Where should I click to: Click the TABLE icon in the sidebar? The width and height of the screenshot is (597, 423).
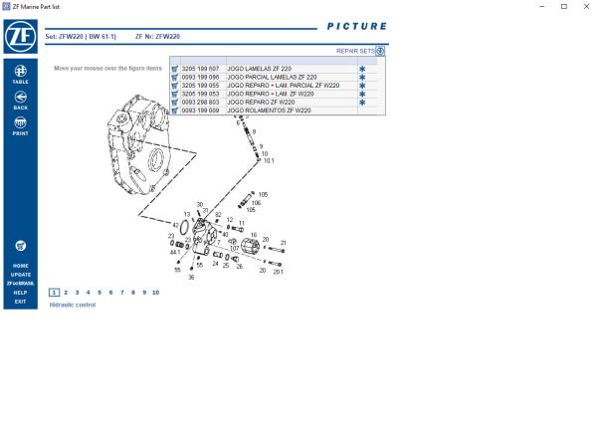pos(20,71)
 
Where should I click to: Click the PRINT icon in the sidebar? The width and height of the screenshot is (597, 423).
pos(20,123)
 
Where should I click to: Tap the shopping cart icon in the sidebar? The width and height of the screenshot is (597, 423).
pos(20,245)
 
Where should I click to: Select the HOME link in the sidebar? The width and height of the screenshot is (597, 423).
pos(20,266)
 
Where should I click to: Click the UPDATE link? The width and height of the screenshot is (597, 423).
pos(20,275)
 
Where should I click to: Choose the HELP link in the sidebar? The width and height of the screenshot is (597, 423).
pos(20,293)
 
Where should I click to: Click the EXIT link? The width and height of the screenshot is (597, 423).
pos(20,302)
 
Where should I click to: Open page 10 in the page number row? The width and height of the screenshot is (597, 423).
pos(155,293)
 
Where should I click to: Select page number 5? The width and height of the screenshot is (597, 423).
pos(99,293)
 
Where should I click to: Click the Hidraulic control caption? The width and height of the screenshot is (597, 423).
pos(73,305)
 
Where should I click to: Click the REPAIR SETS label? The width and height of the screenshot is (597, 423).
pos(354,50)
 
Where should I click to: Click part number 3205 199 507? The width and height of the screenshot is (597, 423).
pos(201,69)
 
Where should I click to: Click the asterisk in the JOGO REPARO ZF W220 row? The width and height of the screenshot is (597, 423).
pos(362,103)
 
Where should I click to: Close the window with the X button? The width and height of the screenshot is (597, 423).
pos(585,7)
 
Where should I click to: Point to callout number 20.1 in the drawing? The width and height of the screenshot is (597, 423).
pos(279,271)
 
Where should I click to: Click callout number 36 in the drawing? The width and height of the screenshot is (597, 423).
pos(191,277)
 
